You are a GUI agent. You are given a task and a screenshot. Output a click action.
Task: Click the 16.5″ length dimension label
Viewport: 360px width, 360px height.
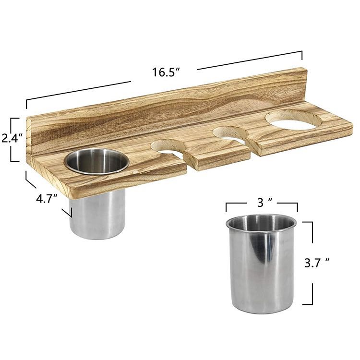(166, 72)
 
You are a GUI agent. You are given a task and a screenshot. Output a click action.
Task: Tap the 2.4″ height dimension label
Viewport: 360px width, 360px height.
(12, 138)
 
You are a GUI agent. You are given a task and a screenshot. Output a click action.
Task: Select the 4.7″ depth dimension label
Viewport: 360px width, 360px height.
(47, 198)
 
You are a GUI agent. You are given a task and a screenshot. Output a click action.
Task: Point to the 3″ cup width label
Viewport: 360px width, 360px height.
(264, 203)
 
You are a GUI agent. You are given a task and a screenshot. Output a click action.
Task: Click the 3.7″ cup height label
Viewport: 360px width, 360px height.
(317, 263)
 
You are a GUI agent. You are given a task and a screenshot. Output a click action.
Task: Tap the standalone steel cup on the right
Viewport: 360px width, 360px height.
(261, 264)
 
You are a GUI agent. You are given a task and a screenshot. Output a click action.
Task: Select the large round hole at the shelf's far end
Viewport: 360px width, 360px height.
(293, 120)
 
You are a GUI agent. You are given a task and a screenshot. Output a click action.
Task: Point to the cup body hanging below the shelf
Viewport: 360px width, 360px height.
(97, 215)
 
